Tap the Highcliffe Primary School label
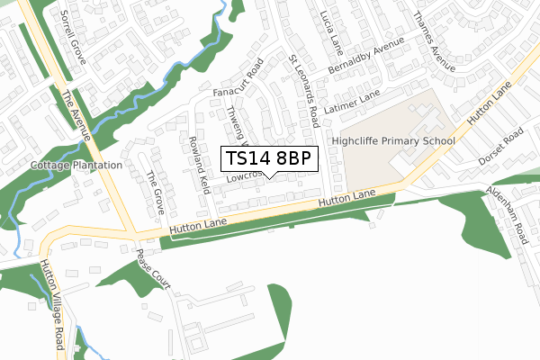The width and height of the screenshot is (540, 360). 393,141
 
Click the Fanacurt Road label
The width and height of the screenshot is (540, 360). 236,81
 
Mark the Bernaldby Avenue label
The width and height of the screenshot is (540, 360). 367,58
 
